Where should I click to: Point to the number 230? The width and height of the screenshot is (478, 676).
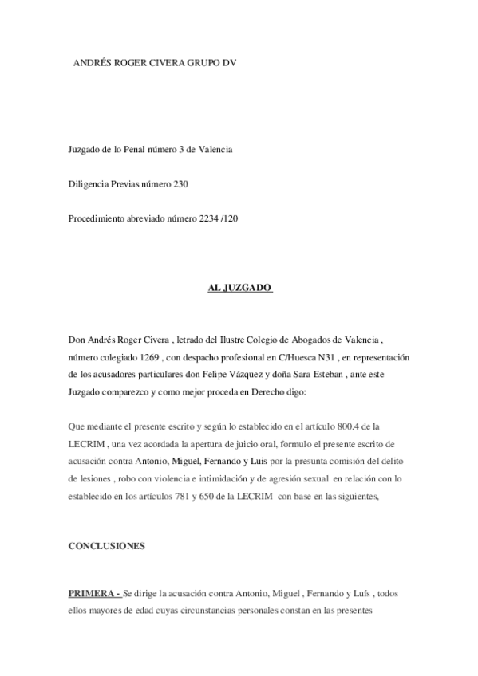(x=181, y=184)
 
